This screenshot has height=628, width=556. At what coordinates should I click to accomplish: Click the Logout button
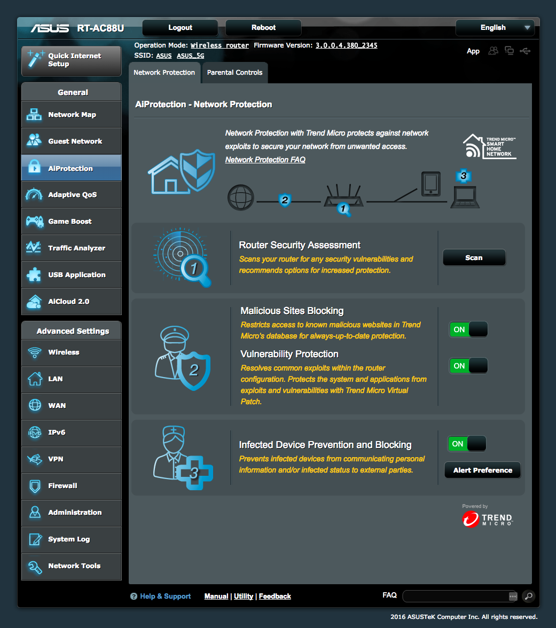[x=180, y=28]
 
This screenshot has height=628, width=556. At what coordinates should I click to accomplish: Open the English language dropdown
[x=495, y=28]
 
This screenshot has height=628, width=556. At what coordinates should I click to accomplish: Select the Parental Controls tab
[x=235, y=73]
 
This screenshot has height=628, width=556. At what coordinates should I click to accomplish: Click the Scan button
[x=474, y=257]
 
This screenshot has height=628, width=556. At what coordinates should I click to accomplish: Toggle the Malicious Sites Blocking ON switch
[x=468, y=329]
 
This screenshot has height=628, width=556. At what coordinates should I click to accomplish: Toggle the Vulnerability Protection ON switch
[x=468, y=366]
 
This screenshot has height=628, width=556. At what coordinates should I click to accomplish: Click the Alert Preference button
[x=483, y=470]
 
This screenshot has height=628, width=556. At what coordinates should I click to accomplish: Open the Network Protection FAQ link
[x=265, y=159]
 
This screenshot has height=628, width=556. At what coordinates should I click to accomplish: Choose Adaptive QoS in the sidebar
[x=72, y=194]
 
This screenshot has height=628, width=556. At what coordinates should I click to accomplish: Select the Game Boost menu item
[x=72, y=221]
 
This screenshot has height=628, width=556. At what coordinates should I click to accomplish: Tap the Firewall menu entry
[x=72, y=486]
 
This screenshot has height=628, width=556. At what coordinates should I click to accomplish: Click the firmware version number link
[x=347, y=45]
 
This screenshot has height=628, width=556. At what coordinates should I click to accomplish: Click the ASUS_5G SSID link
[x=191, y=56]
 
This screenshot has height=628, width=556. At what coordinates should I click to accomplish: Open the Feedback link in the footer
[x=275, y=596]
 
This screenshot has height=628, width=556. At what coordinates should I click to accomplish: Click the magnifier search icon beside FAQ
[x=529, y=596]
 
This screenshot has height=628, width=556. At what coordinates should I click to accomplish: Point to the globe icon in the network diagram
[x=241, y=198]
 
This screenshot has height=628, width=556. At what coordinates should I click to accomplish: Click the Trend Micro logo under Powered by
[x=487, y=520]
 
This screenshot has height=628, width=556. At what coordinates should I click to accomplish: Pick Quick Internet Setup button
[x=72, y=61]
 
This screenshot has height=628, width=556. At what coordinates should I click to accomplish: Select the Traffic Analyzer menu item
[x=72, y=248]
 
